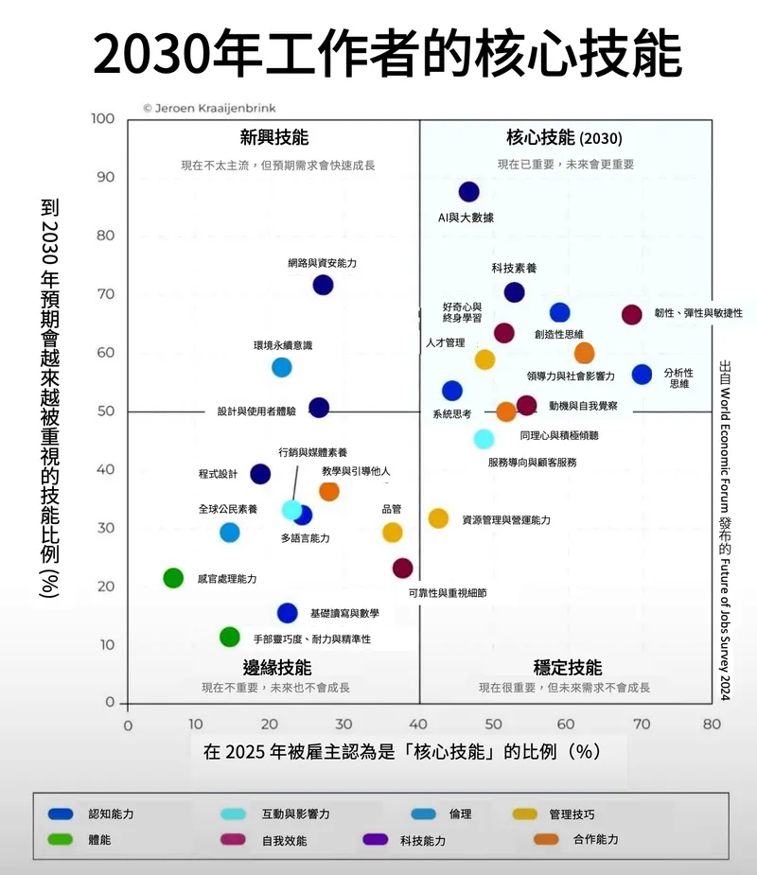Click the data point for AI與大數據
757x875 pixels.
(x=468, y=192)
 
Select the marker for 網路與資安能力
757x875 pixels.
(x=323, y=285)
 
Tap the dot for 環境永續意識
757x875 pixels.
(x=281, y=367)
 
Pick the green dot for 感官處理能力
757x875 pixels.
(x=173, y=578)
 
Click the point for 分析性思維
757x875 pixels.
(x=642, y=375)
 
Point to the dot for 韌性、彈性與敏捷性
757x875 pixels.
(x=631, y=315)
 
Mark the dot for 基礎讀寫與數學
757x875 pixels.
(x=287, y=613)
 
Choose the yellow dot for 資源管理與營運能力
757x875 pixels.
(x=438, y=518)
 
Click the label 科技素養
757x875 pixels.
(x=514, y=269)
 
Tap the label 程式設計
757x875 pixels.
(x=218, y=474)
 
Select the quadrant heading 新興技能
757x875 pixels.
(x=274, y=138)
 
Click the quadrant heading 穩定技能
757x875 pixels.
(x=567, y=668)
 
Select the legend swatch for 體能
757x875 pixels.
(x=62, y=839)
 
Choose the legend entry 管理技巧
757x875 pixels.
(x=571, y=814)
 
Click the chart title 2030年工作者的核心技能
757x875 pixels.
(x=386, y=54)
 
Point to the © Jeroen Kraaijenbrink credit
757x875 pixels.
(x=209, y=108)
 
